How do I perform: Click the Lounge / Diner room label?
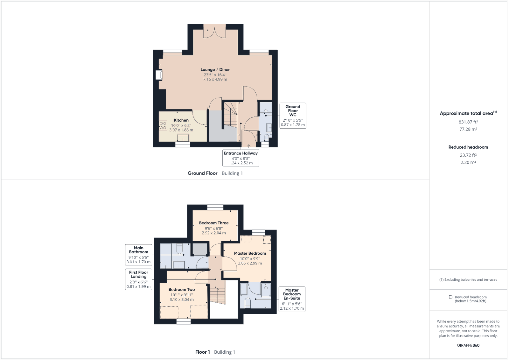click(x=215, y=70)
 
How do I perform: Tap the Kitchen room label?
click(x=181, y=120)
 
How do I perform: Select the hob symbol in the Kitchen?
click(x=163, y=125)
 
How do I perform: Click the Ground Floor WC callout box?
click(x=293, y=116)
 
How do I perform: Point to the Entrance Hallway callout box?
click(x=241, y=158)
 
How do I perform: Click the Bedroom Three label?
click(x=214, y=223)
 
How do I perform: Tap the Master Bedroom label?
click(x=250, y=253)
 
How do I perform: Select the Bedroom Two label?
click(x=182, y=290)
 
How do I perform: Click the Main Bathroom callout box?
click(x=138, y=255)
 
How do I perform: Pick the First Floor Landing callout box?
click(x=138, y=279)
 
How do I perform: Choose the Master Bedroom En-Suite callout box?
click(x=292, y=299)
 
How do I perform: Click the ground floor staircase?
click(x=231, y=115)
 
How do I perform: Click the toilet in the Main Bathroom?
click(x=179, y=249)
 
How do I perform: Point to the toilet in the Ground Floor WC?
click(x=267, y=137)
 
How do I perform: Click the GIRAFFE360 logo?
click(x=468, y=345)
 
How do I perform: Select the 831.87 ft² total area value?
click(x=468, y=122)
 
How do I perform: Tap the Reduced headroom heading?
click(x=468, y=147)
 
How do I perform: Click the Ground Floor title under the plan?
click(x=202, y=173)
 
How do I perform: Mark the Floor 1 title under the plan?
click(x=202, y=352)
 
